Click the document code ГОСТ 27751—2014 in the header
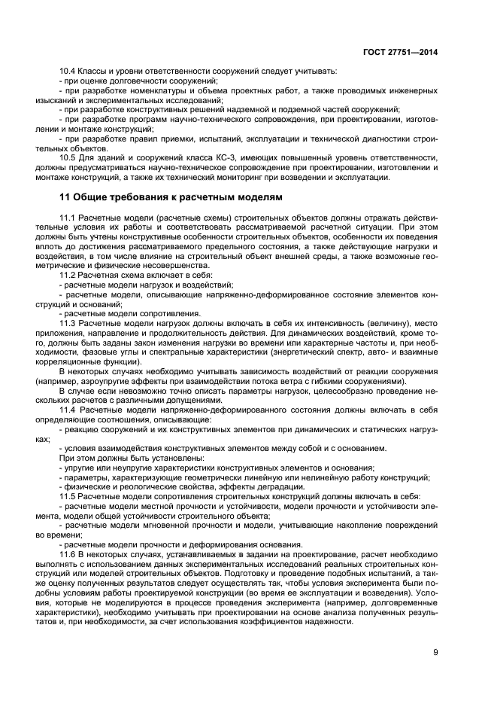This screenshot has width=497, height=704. point(401,52)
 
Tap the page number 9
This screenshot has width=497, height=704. point(435,652)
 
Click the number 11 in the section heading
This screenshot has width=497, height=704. point(64,198)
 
